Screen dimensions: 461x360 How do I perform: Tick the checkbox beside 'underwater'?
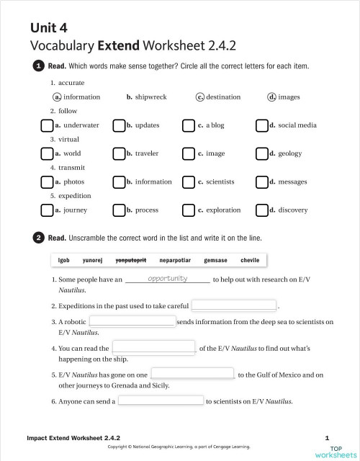[x=47, y=125]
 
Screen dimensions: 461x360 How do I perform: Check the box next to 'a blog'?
[x=189, y=125]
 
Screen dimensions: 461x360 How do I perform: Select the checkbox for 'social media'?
[x=261, y=125]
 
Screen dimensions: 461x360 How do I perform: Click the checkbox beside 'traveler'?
[x=118, y=153]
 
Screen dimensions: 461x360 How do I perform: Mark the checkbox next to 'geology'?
[x=261, y=153]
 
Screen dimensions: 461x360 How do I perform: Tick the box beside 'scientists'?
[x=189, y=182]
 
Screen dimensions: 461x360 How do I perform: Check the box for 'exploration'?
[x=189, y=210]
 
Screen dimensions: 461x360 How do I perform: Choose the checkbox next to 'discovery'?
[x=261, y=210]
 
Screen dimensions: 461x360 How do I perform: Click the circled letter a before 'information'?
[x=57, y=97]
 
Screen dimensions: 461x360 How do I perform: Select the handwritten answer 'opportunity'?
[x=167, y=279]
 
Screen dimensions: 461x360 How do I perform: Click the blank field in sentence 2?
[x=233, y=305]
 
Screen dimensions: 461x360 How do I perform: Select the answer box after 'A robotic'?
[x=132, y=321]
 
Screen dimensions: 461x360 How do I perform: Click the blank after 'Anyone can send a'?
[x=161, y=400]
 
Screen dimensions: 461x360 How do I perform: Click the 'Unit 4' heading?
[x=48, y=28]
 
